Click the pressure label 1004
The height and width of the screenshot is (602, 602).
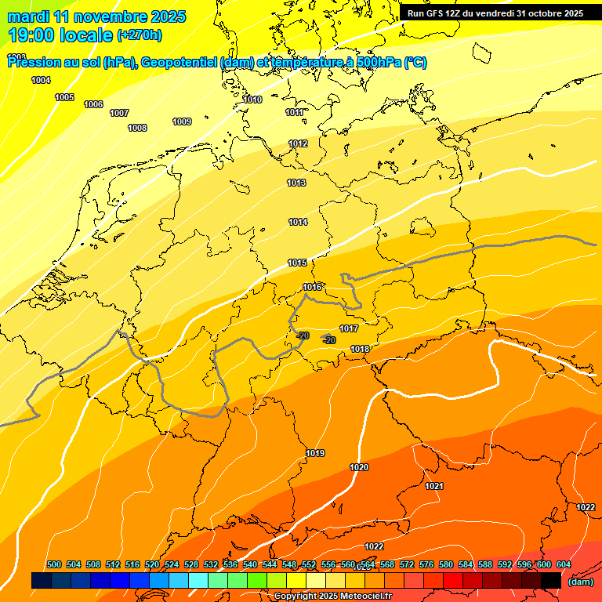pos(41,80)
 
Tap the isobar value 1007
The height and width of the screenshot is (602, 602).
pos(119,113)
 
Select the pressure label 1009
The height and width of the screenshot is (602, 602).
pos(182,121)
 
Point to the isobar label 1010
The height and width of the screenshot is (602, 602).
pos(252,100)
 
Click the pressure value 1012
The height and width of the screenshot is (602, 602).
pos(298,143)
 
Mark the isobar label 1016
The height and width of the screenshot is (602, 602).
pos(312,287)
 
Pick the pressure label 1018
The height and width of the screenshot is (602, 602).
pos(360,349)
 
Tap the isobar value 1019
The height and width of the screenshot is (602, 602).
pos(315,453)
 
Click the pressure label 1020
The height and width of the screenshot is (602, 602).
pos(359,467)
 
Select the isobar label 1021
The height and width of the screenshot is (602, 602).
pos(434,486)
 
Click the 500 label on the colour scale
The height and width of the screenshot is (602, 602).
pos(54,564)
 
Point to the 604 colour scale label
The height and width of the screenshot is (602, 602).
pos(563,564)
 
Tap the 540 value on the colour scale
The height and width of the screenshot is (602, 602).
pos(250,564)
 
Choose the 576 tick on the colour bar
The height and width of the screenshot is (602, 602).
pos(426,564)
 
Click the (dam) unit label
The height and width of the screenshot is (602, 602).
pos(580,582)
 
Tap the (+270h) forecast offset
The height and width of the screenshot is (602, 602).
pos(139,35)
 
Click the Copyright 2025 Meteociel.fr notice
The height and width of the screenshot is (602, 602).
pos(332,597)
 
